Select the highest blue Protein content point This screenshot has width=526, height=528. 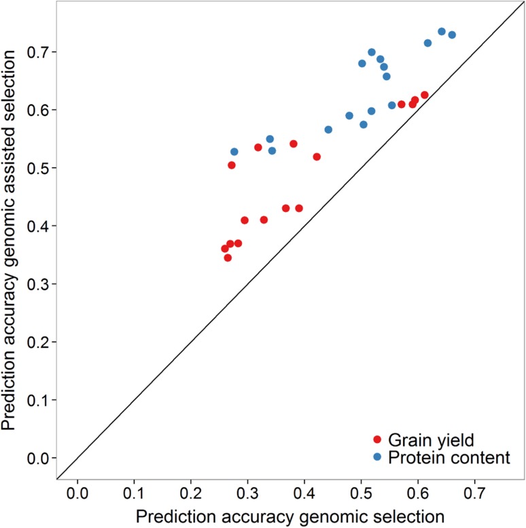pos(442,31)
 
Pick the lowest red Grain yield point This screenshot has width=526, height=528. pos(228,258)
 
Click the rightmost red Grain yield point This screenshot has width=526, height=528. pos(425,94)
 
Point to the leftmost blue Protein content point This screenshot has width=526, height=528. pos(234,152)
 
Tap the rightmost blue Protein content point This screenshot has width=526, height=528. pos(452,35)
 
